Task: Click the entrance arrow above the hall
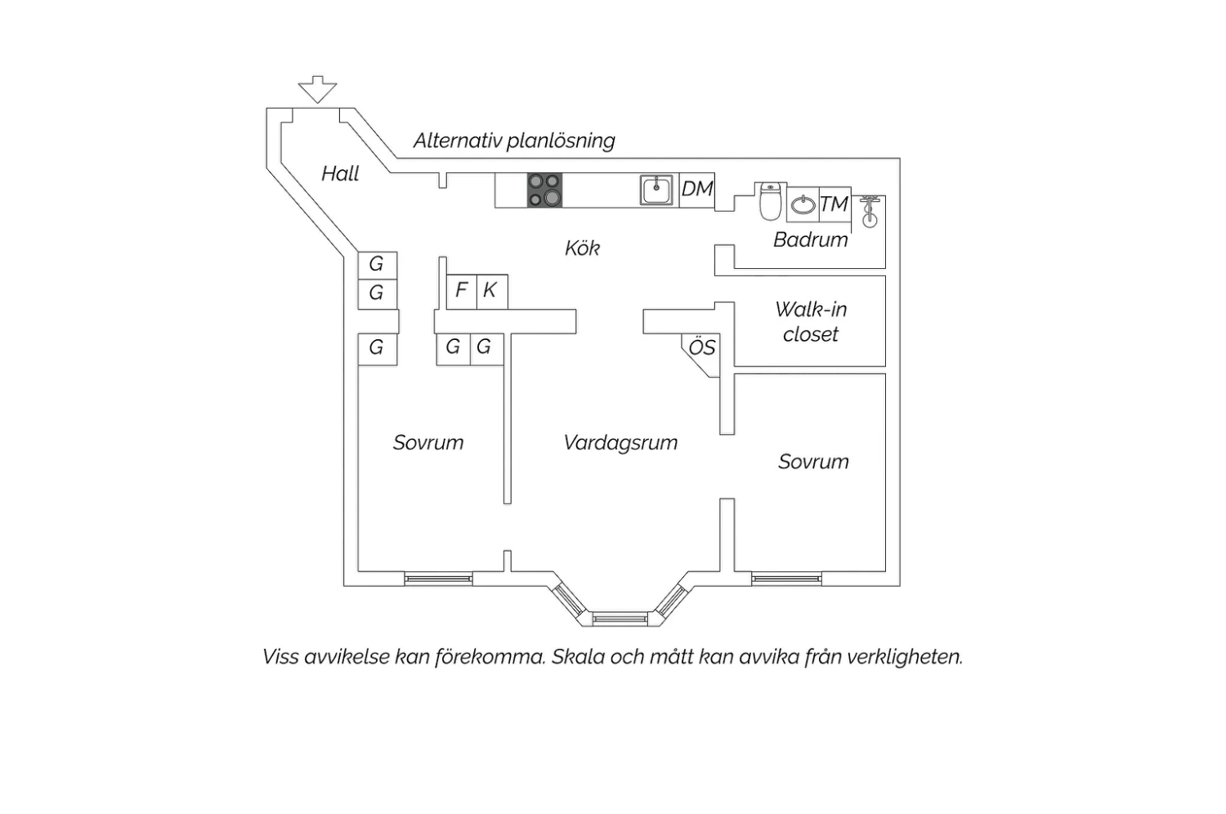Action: (x=317, y=89)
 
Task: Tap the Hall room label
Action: (x=340, y=173)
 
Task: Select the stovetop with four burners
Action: (x=544, y=190)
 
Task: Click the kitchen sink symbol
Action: (x=656, y=190)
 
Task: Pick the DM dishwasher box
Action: (x=696, y=190)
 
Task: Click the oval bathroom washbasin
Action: (x=803, y=205)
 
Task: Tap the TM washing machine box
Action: (x=834, y=203)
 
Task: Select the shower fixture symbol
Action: (x=869, y=212)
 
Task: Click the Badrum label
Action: (x=811, y=239)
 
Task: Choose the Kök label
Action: (x=582, y=248)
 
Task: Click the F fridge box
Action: (x=462, y=292)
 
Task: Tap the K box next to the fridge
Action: (x=492, y=292)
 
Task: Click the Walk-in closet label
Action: (x=811, y=322)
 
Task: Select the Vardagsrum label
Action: (x=620, y=442)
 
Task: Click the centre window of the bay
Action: (x=620, y=619)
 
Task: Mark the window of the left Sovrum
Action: (x=438, y=579)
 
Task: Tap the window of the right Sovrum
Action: (x=786, y=579)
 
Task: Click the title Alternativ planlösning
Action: (x=514, y=141)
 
